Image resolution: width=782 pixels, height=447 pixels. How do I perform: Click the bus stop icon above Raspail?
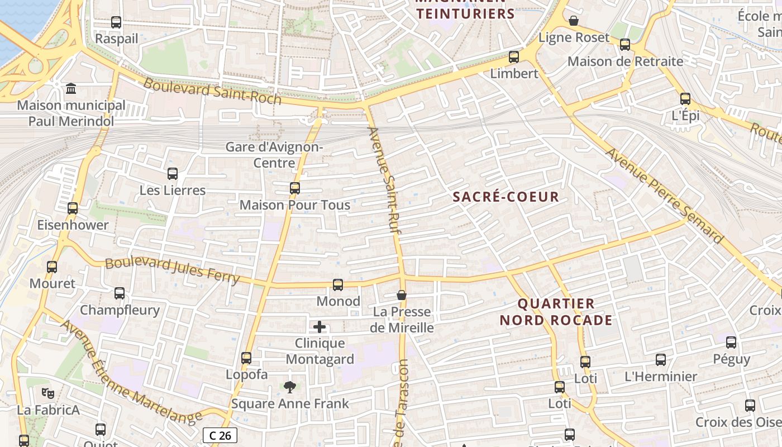click(x=116, y=22)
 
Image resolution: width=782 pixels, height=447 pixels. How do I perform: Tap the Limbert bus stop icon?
click(x=514, y=57)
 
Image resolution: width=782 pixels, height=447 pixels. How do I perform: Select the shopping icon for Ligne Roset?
click(x=574, y=21)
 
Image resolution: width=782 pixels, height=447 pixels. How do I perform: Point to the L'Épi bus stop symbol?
click(x=685, y=99)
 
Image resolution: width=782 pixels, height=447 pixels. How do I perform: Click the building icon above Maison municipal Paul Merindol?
click(x=71, y=89)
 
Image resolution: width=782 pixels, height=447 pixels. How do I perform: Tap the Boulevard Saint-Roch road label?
click(x=212, y=91)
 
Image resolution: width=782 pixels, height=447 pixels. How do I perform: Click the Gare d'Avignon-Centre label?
click(x=274, y=155)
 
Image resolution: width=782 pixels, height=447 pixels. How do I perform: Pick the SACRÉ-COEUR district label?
click(x=506, y=197)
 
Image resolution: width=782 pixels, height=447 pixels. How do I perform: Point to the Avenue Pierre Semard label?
click(x=665, y=196)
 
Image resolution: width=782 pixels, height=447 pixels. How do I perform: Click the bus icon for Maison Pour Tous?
click(x=295, y=188)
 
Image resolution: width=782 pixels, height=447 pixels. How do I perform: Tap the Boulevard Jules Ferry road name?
click(x=172, y=270)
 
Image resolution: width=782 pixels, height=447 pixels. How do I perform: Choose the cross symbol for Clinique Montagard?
click(x=320, y=327)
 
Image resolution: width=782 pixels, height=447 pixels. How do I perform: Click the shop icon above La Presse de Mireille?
click(x=402, y=295)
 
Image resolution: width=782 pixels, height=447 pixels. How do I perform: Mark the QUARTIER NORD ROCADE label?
click(x=556, y=312)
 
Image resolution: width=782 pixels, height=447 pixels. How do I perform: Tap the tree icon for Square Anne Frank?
click(x=289, y=387)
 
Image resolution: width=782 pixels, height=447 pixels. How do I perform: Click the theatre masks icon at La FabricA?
click(x=48, y=393)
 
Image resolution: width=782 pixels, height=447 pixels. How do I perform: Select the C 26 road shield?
click(x=220, y=435)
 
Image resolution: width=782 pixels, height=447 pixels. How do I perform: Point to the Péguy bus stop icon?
click(x=731, y=343)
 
